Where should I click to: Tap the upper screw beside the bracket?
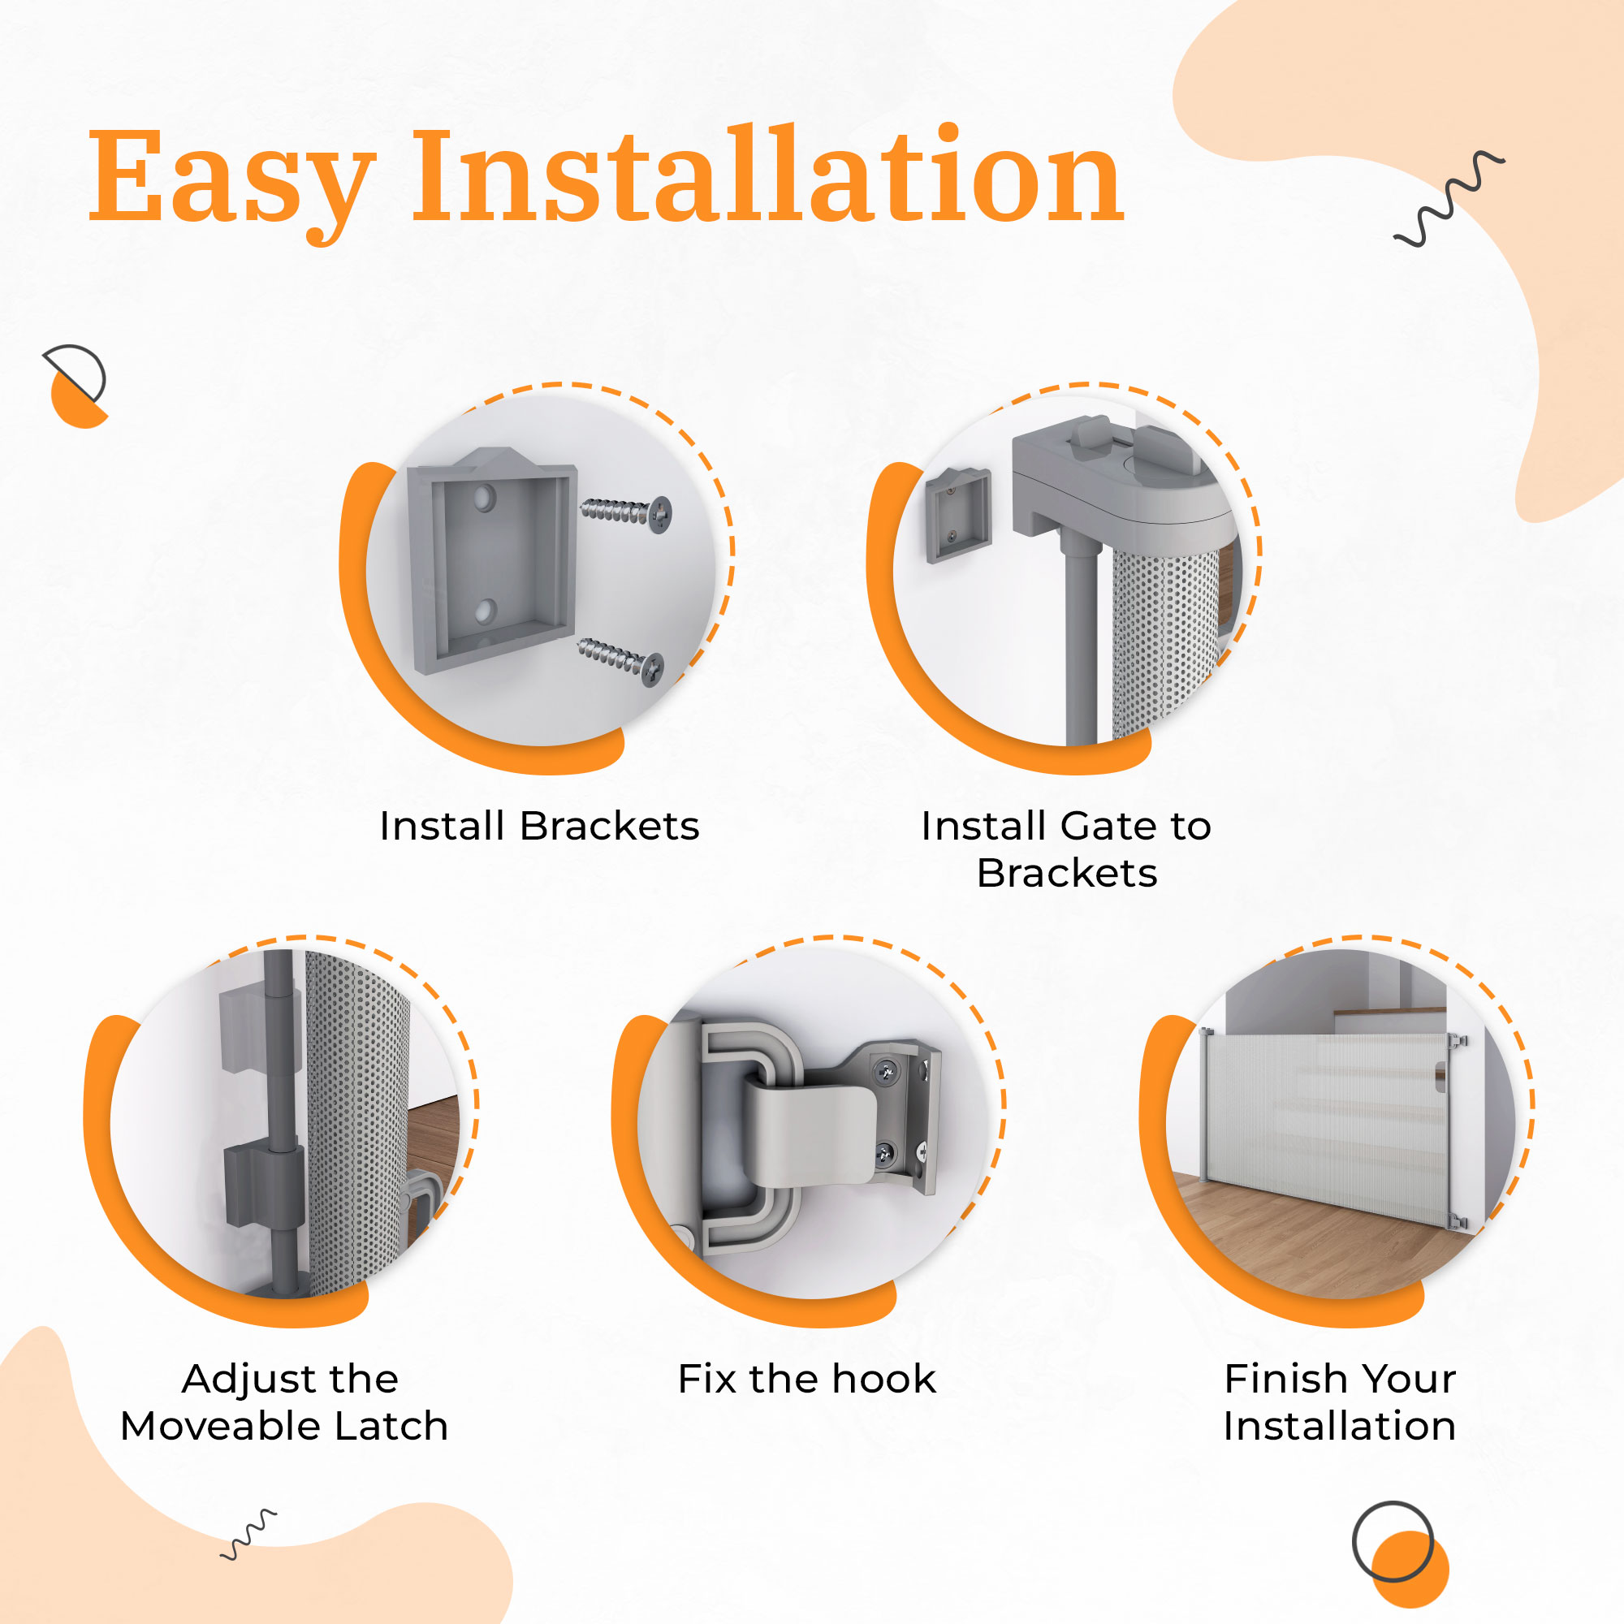(626, 512)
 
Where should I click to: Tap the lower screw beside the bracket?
(621, 661)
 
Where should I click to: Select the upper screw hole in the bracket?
(483, 499)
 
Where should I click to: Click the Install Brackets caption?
(539, 827)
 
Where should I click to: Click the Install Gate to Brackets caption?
(1066, 850)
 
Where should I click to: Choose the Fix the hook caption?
(807, 1380)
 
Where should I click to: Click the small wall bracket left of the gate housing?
(957, 515)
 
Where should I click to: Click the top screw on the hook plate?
(885, 1070)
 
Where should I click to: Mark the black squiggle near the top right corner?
(1449, 199)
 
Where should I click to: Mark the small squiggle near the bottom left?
(248, 1535)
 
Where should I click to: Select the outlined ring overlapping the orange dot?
(1393, 1541)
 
